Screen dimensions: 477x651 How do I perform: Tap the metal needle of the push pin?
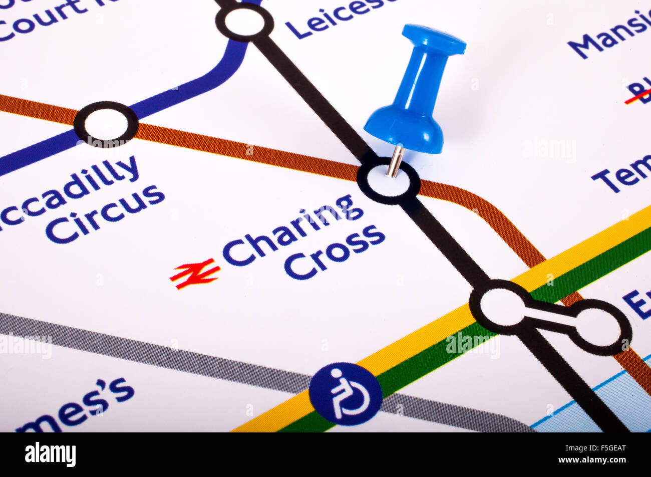(x=395, y=161)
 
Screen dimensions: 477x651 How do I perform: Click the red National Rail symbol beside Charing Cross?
(x=195, y=273)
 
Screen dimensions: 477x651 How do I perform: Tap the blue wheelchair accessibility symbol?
(x=345, y=394)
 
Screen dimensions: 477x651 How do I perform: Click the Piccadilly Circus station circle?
(x=106, y=124)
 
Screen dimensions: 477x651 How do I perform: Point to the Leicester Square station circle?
(x=244, y=22)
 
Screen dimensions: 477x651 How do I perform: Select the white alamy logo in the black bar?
(x=50, y=454)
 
